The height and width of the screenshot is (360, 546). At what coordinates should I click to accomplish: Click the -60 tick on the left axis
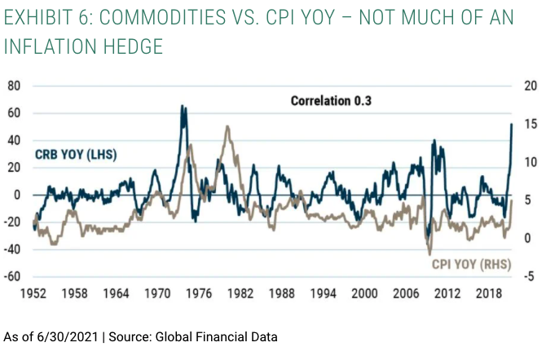14,277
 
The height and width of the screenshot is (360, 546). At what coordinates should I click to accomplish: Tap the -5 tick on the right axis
530,277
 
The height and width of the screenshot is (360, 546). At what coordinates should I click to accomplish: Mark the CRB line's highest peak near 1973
183,106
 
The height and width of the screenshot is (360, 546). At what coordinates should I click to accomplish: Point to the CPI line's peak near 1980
227,126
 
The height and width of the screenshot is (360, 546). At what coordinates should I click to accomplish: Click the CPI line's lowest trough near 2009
429,254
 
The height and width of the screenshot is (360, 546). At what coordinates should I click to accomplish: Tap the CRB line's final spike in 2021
511,125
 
